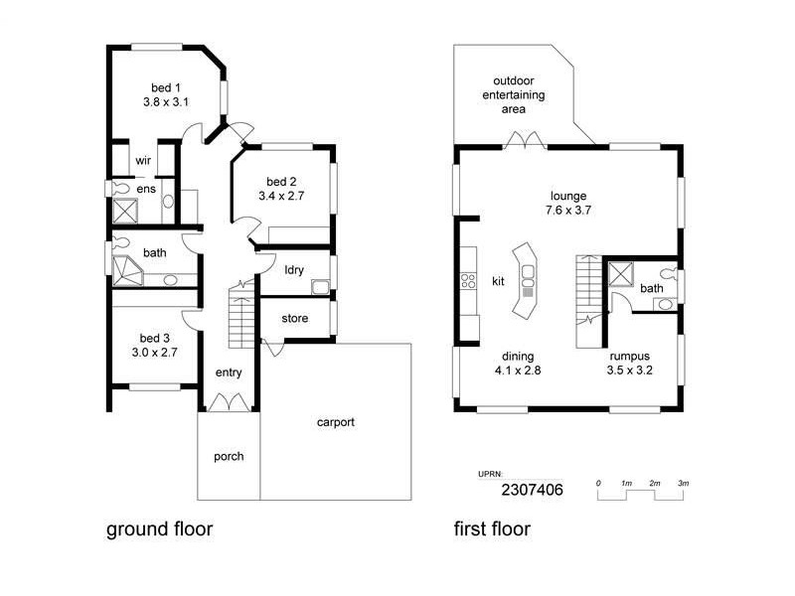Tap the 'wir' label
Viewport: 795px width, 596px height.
pos(143,160)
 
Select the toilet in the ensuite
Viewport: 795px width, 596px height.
pos(119,187)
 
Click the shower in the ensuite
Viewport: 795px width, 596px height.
pos(126,211)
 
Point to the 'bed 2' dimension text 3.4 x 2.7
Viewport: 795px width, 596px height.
pos(281,197)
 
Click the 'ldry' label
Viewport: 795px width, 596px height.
pos(293,269)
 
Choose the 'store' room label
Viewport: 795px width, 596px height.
pos(294,319)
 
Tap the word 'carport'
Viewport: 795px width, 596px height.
pos(335,422)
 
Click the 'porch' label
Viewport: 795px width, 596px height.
pos(229,457)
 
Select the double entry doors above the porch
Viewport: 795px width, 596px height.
pos(229,402)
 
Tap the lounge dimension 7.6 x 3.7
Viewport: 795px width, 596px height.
pos(567,211)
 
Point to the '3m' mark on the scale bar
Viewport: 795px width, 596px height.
pos(683,482)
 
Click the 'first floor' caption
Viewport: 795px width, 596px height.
pos(492,529)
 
